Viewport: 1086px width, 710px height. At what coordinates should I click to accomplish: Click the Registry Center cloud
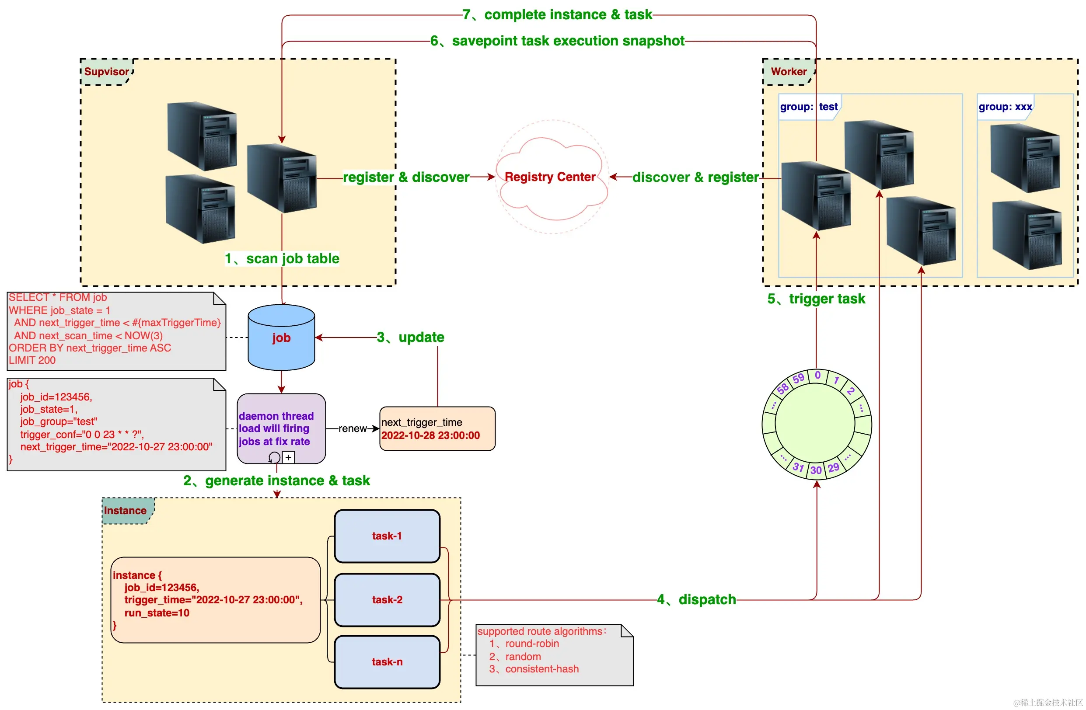tap(551, 177)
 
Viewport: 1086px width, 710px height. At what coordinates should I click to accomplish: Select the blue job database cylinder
tap(281, 338)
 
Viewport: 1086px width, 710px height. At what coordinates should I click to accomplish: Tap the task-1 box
tap(387, 536)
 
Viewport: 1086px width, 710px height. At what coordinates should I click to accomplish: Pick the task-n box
tap(387, 661)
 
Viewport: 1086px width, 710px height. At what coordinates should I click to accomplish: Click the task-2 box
tap(387, 600)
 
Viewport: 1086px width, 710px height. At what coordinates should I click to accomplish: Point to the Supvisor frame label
tap(107, 72)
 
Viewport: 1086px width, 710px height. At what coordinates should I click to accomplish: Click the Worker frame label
tap(789, 72)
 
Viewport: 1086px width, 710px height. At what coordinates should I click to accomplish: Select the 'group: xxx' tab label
tap(1005, 107)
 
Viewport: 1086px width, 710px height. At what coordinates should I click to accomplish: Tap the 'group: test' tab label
tap(809, 107)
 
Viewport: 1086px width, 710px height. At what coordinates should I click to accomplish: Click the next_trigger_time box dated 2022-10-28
tap(437, 429)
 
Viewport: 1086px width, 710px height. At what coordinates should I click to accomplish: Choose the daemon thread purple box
tap(281, 428)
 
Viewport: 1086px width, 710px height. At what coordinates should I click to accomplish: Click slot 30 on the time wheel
tap(816, 470)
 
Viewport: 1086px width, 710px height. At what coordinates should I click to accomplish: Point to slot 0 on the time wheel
tap(818, 376)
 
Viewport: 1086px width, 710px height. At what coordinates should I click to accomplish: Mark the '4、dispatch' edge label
tap(696, 600)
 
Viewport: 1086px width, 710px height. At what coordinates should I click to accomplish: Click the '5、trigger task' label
tap(816, 299)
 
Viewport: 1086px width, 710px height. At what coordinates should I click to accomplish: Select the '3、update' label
tap(410, 338)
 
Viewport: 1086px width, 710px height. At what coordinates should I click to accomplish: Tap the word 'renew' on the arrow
tap(352, 428)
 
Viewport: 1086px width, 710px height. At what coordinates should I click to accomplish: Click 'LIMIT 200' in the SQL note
tap(32, 360)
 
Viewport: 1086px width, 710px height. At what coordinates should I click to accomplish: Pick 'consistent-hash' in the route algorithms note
tap(541, 669)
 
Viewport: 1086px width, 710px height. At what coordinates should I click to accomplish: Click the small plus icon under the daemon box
tap(288, 457)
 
